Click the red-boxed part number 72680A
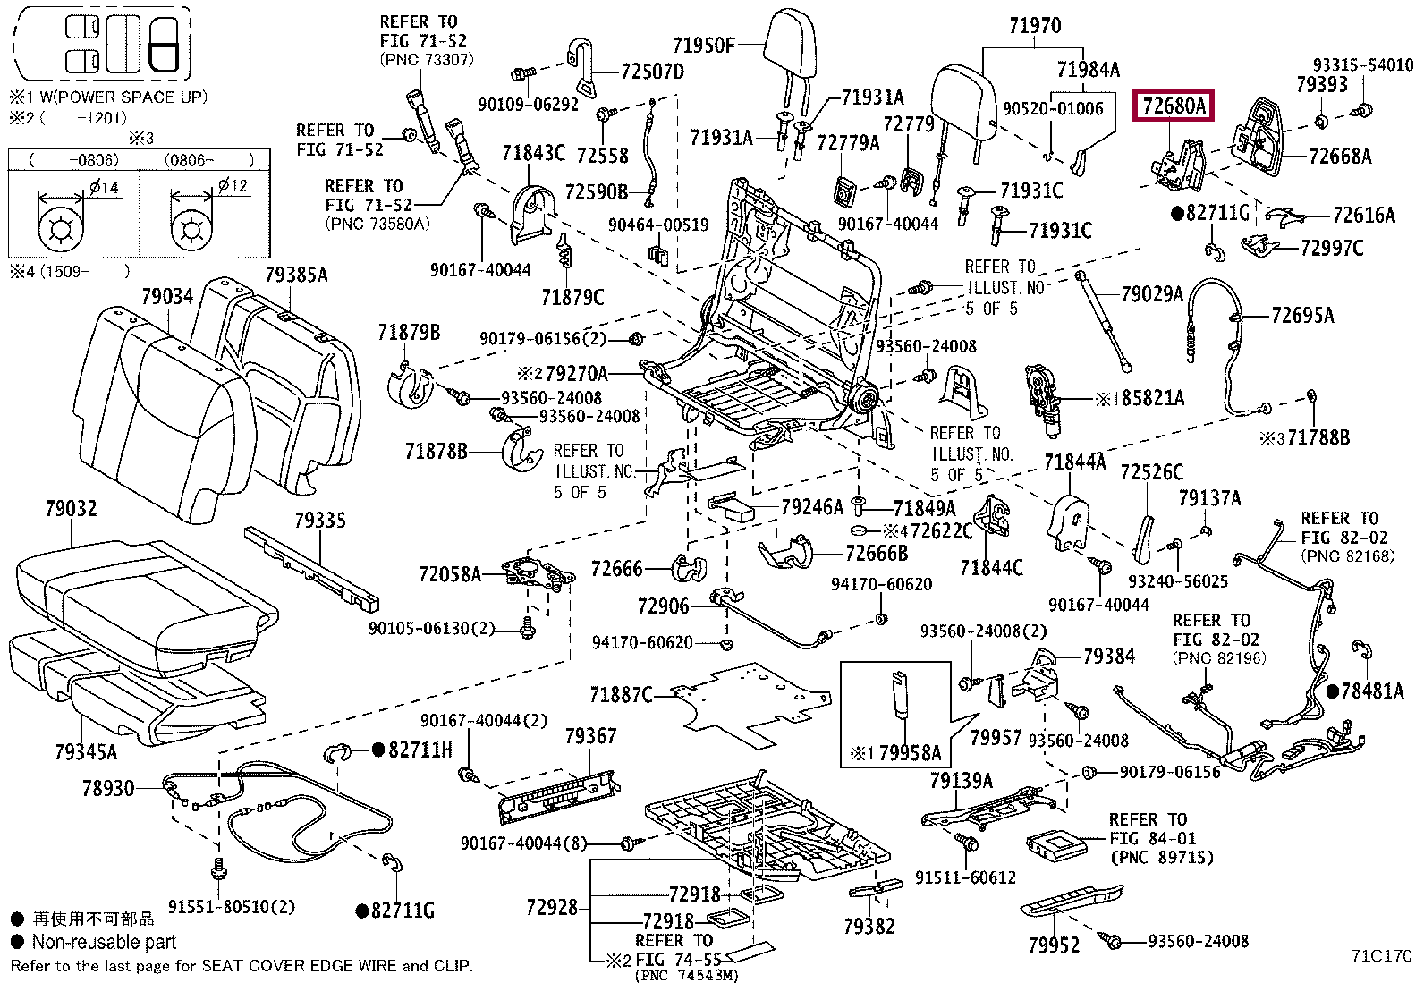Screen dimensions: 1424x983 1174,106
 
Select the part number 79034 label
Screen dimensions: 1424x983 167,296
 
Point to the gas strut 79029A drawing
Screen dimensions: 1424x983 1104,322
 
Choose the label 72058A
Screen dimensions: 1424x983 449,575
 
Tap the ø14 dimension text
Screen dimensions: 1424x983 105,187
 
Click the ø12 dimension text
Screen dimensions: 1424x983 233,186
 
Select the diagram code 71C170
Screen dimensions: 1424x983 1381,955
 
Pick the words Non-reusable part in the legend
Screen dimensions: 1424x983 104,942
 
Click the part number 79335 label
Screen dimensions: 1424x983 319,521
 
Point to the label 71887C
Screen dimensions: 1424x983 621,695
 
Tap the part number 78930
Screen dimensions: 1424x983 108,788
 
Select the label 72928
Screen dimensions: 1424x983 552,907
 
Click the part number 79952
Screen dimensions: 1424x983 1054,945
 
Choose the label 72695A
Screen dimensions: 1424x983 1302,316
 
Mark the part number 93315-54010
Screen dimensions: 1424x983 1363,65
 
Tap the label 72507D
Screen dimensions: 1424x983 652,72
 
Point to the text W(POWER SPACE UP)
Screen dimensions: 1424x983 124,97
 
